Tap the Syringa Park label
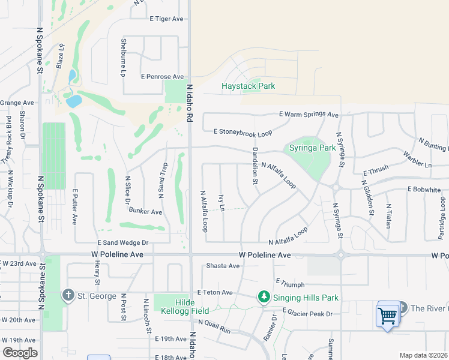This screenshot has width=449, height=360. [312, 148]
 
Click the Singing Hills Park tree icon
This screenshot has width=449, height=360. [263, 296]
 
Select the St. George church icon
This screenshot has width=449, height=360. [68, 295]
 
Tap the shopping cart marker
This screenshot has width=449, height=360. [388, 314]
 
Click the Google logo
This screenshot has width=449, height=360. [20, 353]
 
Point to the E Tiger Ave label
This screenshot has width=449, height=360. [166, 19]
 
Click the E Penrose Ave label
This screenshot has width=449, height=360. [162, 77]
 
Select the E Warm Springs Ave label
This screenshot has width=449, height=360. [309, 114]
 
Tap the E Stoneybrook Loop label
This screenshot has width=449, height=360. [243, 131]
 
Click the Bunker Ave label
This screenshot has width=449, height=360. [145, 211]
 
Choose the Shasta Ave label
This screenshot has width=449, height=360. [223, 266]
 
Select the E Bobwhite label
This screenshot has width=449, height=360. [425, 188]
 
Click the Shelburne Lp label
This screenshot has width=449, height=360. [122, 58]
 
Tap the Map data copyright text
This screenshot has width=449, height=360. [423, 355]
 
